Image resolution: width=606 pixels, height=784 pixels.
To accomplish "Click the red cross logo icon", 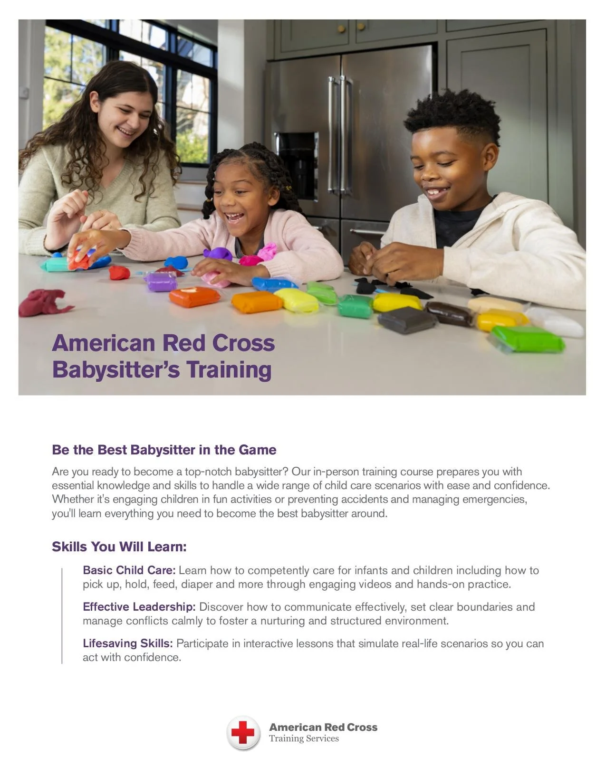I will coord(243,733).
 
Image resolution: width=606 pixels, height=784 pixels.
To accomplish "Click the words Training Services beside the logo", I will coord(304,738).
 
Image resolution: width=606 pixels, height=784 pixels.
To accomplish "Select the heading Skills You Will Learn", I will coord(119,547).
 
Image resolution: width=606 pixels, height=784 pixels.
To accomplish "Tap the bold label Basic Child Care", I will coord(129,570).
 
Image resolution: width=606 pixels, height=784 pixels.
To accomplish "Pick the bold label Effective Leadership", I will coord(139,606).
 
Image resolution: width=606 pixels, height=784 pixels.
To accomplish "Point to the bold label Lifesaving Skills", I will coord(127,643).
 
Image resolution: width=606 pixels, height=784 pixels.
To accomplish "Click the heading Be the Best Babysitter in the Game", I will coord(164,450).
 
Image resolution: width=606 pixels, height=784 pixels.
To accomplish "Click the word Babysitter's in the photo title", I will coord(116,370).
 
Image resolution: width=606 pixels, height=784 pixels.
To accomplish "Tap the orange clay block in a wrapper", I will coord(194,297).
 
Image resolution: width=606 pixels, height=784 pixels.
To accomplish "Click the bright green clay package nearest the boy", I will coord(527,339).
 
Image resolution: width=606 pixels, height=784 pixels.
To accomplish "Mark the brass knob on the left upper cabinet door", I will coord(341,29).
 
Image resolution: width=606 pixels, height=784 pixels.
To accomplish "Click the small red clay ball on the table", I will coord(119,273).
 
